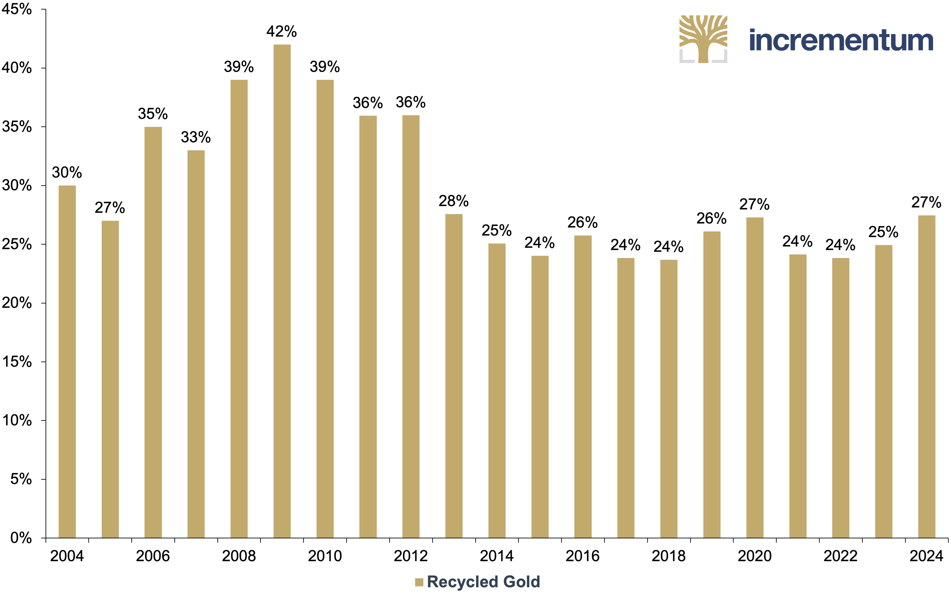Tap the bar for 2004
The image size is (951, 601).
67,361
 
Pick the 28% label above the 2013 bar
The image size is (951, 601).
453,201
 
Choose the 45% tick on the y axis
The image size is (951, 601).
16,9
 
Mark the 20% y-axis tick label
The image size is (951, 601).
16,303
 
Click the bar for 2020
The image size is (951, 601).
755,377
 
